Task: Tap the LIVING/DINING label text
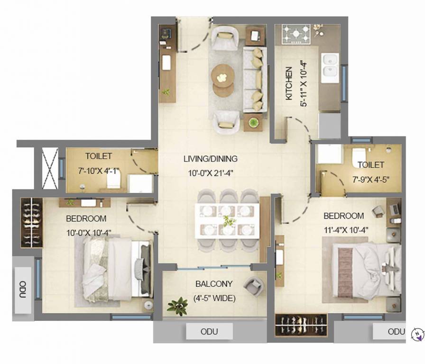pyautogui.click(x=211, y=159)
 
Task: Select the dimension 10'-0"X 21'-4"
pyautogui.click(x=211, y=173)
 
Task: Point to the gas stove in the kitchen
pyautogui.click(x=296, y=34)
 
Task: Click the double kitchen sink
pyautogui.click(x=330, y=65)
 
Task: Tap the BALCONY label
pyautogui.click(x=214, y=284)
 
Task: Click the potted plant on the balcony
pyautogui.click(x=177, y=306)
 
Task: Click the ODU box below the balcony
pyautogui.click(x=209, y=331)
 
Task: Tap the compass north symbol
pyautogui.click(x=416, y=335)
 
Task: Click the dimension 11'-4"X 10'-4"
pyautogui.click(x=346, y=230)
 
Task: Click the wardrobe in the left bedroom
pyautogui.click(x=31, y=222)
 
